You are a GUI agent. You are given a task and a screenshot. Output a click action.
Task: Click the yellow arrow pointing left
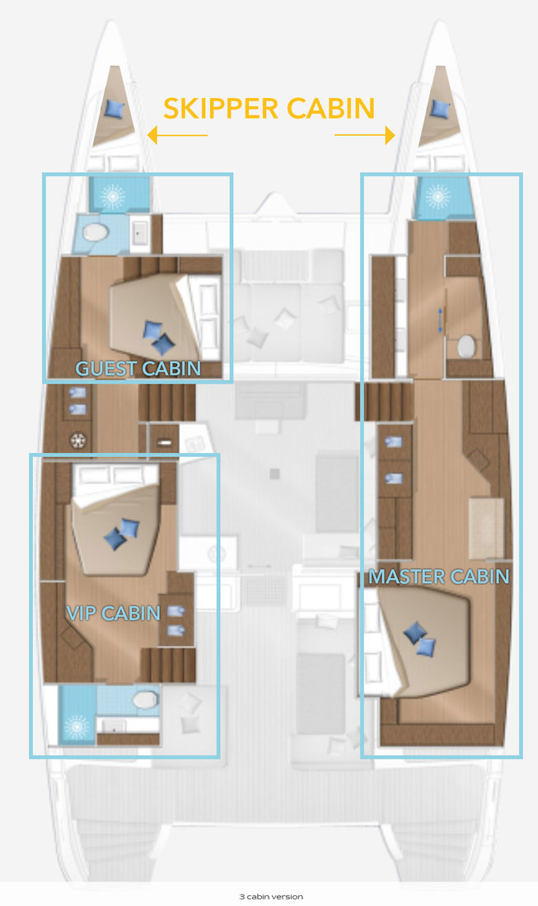177,135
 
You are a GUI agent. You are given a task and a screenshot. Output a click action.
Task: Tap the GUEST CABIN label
138,367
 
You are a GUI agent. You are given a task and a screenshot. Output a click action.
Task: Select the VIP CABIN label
112,612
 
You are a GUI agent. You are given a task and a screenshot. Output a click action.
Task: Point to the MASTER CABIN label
438,576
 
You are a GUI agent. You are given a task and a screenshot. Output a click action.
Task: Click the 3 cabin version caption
268,896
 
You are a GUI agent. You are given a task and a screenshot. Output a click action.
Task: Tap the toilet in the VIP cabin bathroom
145,700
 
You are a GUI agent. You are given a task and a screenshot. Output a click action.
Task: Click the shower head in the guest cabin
112,195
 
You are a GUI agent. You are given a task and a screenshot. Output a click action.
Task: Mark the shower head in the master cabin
437,196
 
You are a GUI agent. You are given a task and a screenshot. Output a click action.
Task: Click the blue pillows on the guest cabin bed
158,336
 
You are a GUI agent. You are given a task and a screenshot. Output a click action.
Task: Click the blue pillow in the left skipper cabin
114,108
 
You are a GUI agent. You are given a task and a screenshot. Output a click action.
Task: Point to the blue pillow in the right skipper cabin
440,108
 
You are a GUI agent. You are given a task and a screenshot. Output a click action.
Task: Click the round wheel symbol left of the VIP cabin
80,440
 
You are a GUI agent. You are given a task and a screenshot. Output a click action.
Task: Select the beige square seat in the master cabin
486,528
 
